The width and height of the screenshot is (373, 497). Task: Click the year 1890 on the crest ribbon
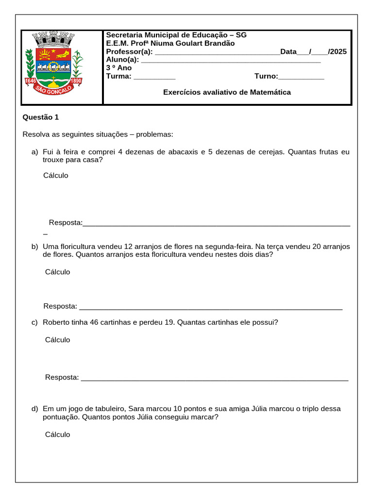[76, 81]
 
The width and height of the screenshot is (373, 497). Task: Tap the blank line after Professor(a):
[217, 52]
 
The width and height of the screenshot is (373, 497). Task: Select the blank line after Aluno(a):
[230, 60]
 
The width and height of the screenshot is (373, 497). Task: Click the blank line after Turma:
[154, 77]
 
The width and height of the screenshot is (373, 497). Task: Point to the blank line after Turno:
[301, 77]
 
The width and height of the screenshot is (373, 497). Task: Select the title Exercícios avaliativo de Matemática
[227, 92]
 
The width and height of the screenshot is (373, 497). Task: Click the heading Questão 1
[41, 117]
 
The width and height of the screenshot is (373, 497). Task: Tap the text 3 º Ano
[119, 68]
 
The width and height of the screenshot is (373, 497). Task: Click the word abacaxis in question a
[182, 152]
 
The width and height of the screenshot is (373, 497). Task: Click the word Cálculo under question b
[57, 272]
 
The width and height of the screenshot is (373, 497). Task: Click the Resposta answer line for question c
[214, 378]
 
